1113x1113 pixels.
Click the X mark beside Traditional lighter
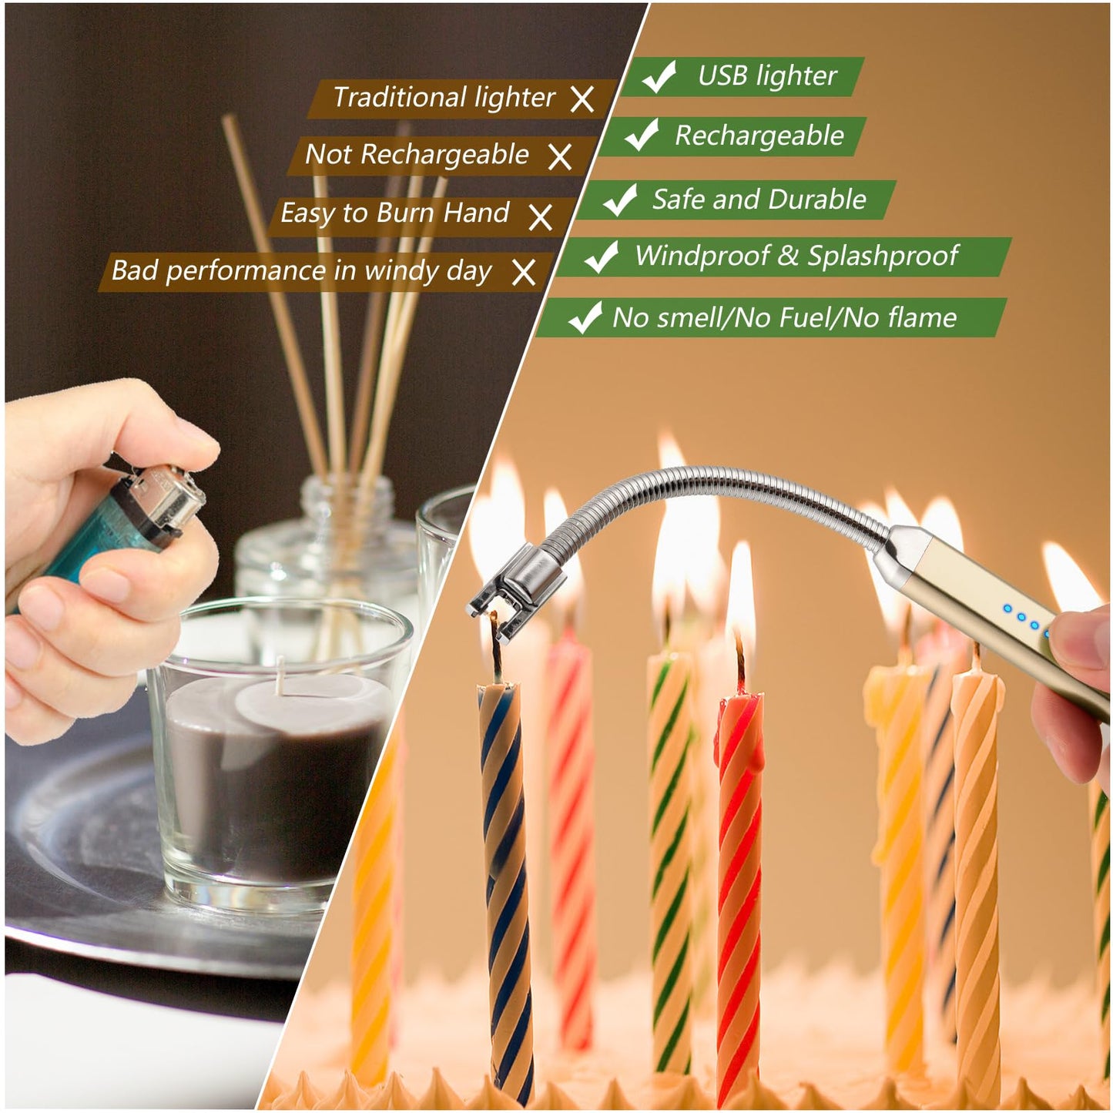pyautogui.click(x=582, y=99)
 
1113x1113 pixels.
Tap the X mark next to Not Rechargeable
pyautogui.click(x=560, y=156)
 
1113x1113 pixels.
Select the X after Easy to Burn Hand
pyautogui.click(x=541, y=216)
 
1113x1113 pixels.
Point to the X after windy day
pyautogui.click(x=524, y=272)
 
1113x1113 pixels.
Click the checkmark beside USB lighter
pyautogui.click(x=659, y=76)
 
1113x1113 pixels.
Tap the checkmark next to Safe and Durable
pyautogui.click(x=620, y=199)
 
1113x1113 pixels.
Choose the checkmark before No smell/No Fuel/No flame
pyautogui.click(x=585, y=317)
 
